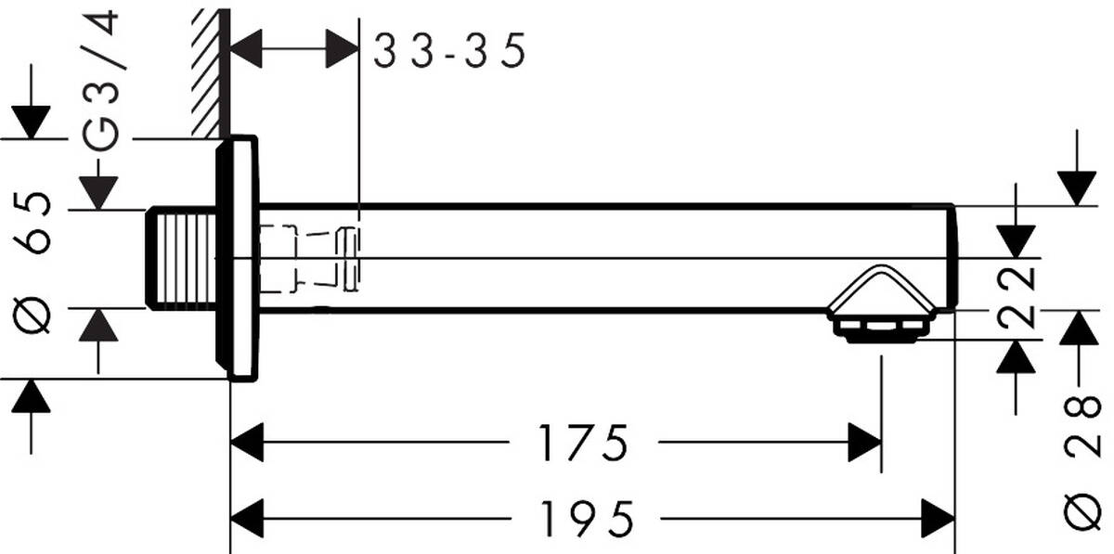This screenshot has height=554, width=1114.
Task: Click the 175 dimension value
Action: point(584,443)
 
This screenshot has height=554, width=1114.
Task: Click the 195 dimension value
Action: point(589,518)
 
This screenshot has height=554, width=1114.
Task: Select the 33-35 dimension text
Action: point(449,51)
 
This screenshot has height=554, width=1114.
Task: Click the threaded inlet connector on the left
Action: point(181,258)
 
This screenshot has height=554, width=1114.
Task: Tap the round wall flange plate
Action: point(238,258)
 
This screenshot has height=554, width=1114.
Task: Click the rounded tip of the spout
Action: point(951,258)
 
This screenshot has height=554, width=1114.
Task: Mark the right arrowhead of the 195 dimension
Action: point(937,518)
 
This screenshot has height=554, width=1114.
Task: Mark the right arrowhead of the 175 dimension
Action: point(863,443)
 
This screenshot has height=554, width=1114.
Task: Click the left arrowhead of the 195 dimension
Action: point(248,518)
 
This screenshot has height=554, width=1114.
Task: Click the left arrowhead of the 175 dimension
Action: point(248,443)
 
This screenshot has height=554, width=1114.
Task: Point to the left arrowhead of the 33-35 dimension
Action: point(246,47)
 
